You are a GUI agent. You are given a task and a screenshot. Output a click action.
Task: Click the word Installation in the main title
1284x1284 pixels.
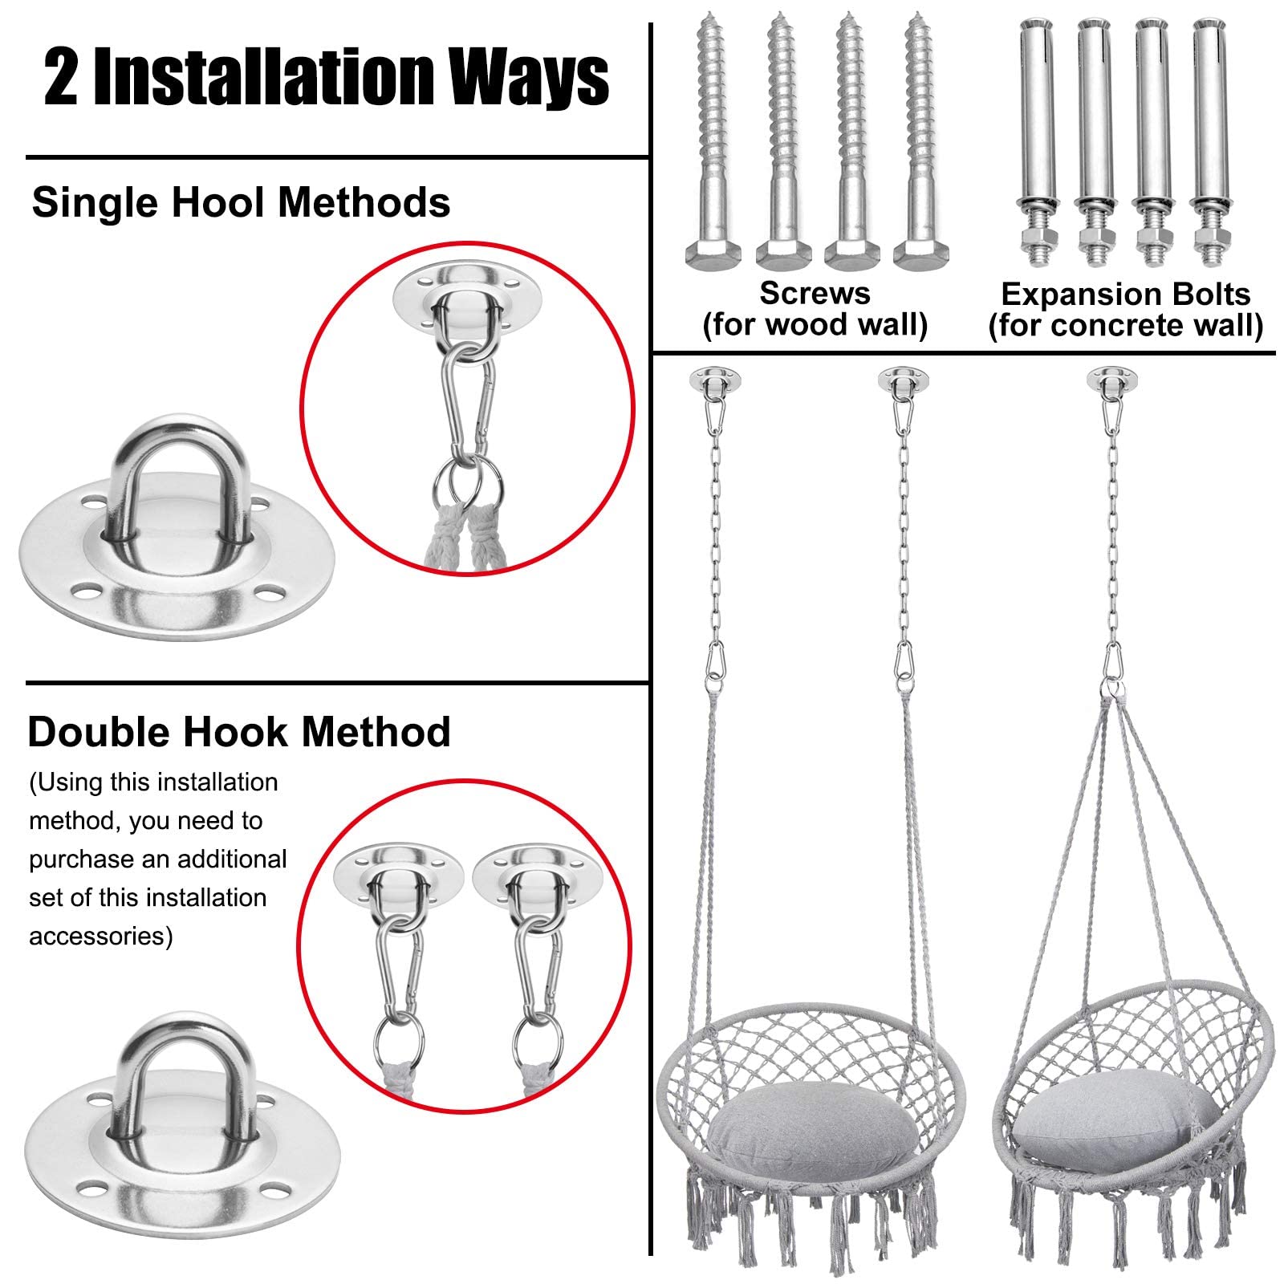point(264,77)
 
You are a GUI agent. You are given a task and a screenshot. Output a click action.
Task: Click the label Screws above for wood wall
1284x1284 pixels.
point(815,294)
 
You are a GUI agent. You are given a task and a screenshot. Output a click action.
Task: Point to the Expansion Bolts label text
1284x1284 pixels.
point(1126,295)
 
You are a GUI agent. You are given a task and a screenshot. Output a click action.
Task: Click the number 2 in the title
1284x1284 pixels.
point(61,78)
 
